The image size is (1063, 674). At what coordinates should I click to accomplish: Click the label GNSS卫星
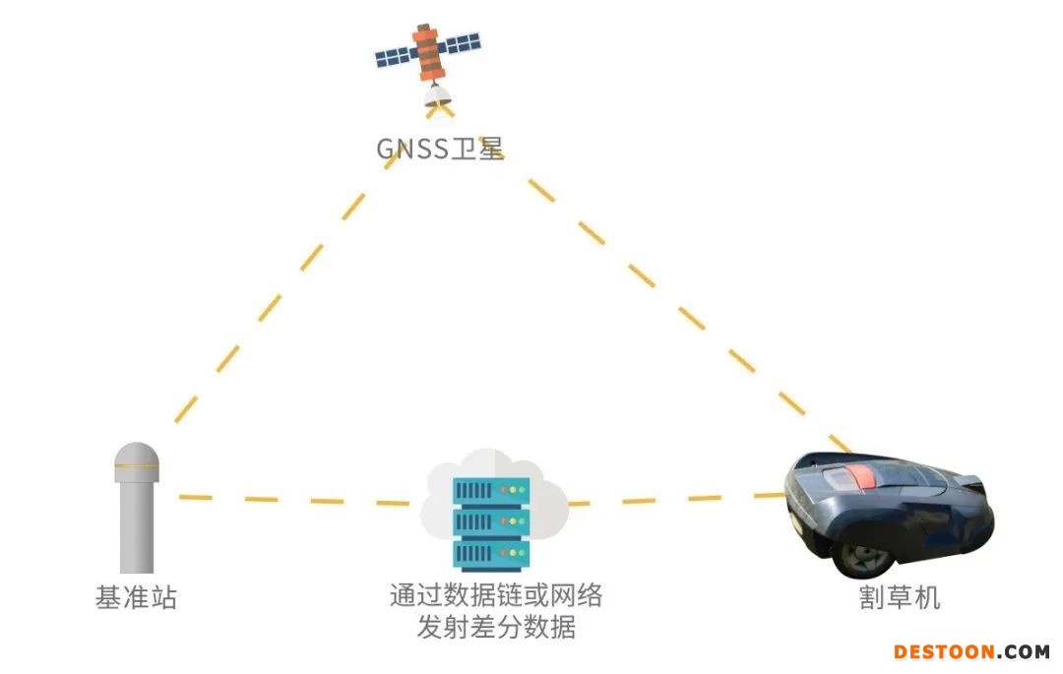pos(440,149)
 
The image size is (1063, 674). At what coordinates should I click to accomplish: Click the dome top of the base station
pos(137,457)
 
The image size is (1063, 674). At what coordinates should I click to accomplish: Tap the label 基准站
pos(136,597)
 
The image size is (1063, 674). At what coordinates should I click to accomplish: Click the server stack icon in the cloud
pos(491,522)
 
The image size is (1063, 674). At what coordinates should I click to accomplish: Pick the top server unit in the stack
pos(491,489)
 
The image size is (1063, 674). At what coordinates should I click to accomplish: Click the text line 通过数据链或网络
pos(495,595)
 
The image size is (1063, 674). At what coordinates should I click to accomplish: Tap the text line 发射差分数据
pos(495,628)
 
